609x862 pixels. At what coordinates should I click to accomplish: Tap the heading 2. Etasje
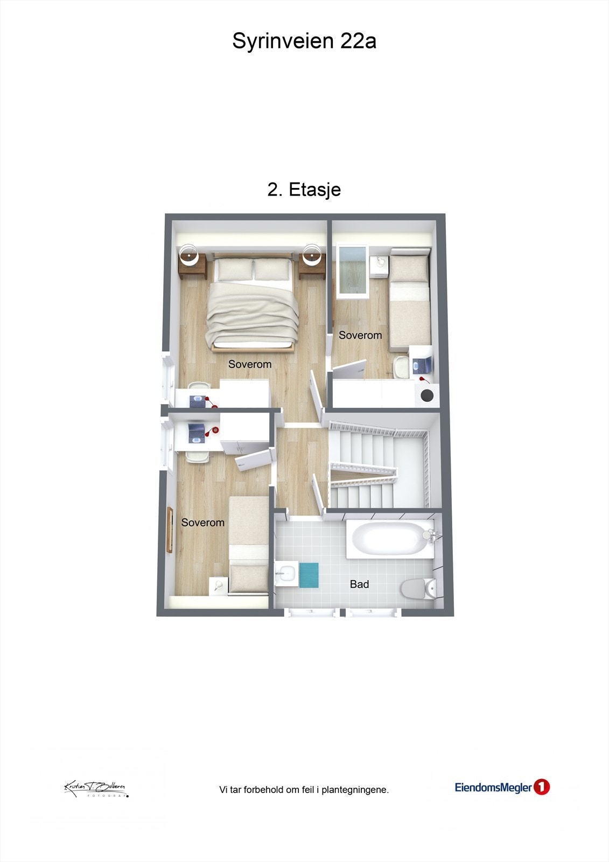click(x=304, y=190)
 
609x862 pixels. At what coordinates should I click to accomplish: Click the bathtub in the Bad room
click(x=389, y=539)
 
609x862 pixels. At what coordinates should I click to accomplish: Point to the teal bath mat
click(x=309, y=574)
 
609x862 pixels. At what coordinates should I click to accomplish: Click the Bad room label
click(x=359, y=584)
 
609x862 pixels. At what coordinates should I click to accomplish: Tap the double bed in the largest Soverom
click(x=253, y=304)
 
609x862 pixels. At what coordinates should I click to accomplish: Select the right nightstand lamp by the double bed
click(x=312, y=253)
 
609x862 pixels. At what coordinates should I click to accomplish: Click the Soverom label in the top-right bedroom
click(x=360, y=335)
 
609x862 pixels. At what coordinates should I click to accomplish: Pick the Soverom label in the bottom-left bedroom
click(x=202, y=523)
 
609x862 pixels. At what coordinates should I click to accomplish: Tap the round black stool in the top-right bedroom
click(x=427, y=395)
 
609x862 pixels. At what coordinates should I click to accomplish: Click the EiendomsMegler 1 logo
click(x=502, y=788)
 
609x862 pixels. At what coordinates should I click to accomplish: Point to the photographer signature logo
click(x=96, y=789)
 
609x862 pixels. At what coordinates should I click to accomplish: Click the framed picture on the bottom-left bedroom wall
click(x=170, y=530)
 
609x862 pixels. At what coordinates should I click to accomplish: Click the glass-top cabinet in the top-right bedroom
click(x=352, y=271)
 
